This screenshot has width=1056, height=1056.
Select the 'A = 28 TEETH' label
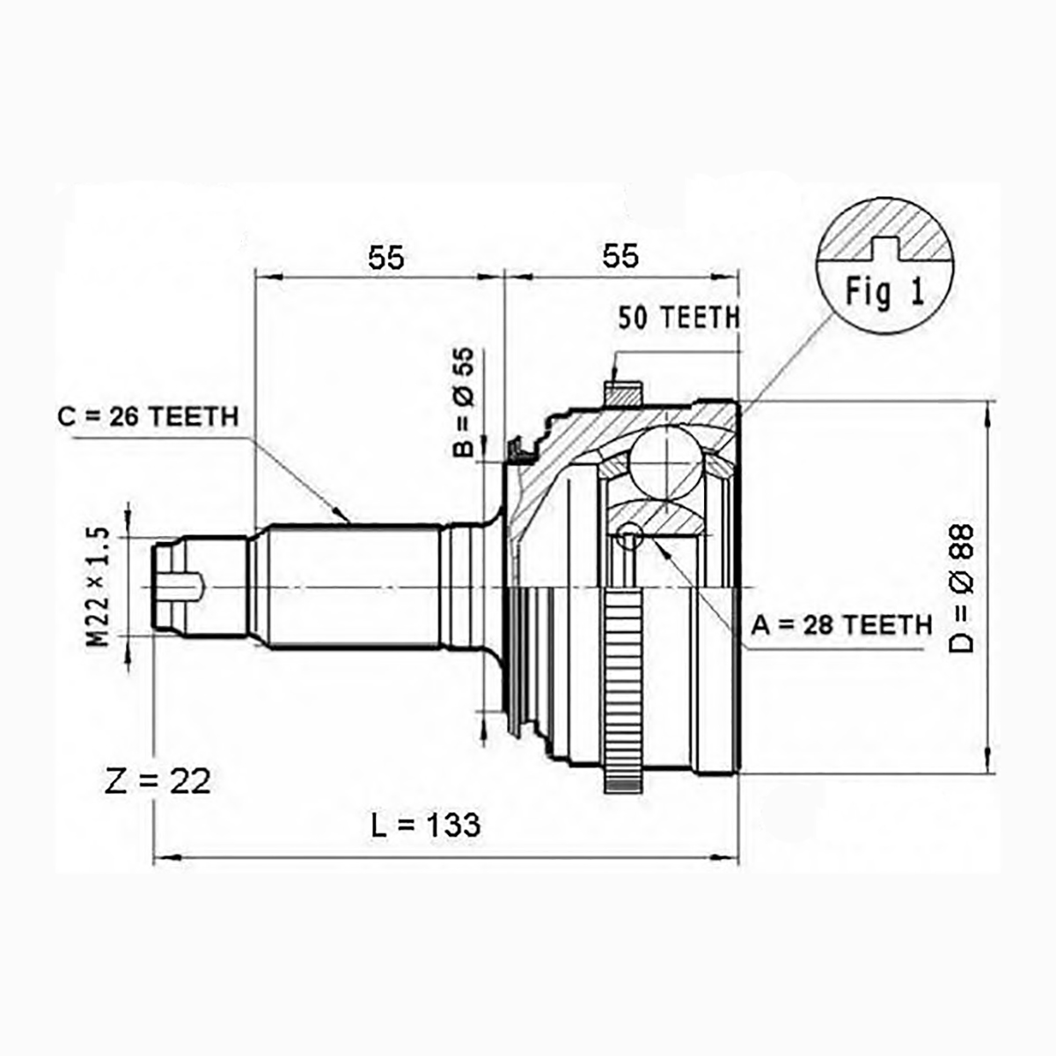(x=841, y=625)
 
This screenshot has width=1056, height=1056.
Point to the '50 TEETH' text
(x=678, y=318)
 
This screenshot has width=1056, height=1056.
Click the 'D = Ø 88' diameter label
(x=961, y=588)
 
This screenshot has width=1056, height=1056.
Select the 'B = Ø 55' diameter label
(x=463, y=401)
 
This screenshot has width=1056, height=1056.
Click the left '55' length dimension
(x=385, y=258)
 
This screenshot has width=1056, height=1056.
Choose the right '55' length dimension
(x=620, y=255)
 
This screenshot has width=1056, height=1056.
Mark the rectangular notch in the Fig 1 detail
(x=885, y=248)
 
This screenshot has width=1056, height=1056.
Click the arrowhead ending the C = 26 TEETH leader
(x=342, y=516)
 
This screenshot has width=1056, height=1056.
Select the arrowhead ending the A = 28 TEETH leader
(x=660, y=546)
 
